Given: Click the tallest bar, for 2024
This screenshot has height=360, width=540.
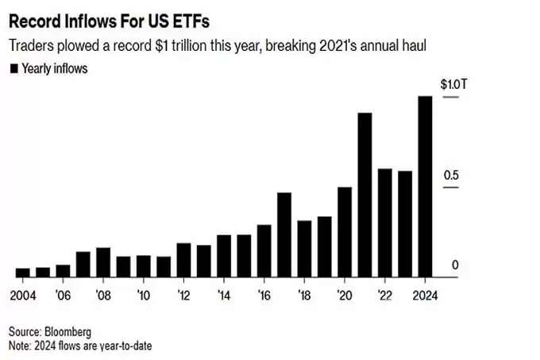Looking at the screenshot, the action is coord(425,187).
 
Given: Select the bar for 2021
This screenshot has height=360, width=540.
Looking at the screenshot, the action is coord(364,195).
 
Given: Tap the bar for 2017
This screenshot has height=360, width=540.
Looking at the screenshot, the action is coord(284,234).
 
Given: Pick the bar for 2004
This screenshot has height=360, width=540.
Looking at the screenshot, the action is coord(23,273).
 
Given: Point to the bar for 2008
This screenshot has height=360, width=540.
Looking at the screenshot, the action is coord(103,262).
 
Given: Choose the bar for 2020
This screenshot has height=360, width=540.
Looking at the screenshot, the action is coord(345,232).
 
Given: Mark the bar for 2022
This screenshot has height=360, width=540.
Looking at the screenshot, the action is coord(384,223).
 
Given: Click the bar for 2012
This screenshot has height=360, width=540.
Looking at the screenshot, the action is coord(183,260).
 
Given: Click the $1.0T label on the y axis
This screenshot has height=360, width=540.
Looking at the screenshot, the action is coord(454,84).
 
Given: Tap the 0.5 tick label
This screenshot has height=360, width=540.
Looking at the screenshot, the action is coord(451,176).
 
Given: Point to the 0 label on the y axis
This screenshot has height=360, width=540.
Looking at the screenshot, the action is coord(455,265).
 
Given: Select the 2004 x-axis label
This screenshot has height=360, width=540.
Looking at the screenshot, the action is coord(23,296).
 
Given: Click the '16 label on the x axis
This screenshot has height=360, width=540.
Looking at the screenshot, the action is coord(264,296).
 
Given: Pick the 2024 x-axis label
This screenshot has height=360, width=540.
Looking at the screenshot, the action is coord(425,296).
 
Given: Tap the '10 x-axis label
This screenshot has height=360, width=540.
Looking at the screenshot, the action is coord(143,296).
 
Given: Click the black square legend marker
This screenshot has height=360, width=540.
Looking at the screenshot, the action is coord(14,68).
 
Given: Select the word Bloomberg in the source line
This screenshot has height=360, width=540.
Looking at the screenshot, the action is coord(67,331).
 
